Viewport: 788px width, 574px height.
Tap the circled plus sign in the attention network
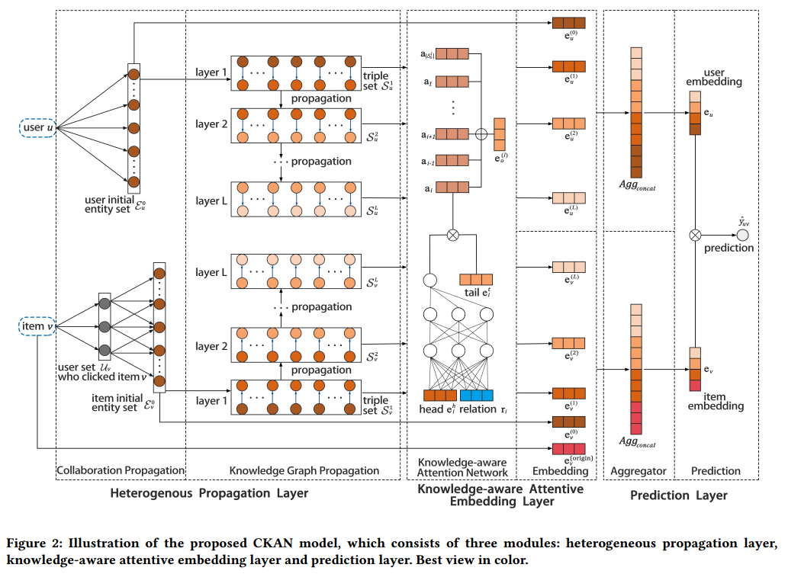[481, 134]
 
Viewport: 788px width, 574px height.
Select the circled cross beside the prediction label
[695, 235]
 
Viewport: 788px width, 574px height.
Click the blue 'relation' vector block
[476, 395]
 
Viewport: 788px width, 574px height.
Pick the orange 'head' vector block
[439, 395]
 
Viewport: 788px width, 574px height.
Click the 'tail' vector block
[476, 280]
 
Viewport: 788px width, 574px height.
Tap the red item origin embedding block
[569, 449]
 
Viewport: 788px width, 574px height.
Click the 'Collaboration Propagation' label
[121, 471]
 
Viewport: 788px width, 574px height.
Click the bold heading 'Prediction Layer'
[678, 495]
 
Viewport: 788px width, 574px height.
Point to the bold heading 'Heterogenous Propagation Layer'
[209, 493]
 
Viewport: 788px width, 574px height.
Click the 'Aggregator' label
[638, 471]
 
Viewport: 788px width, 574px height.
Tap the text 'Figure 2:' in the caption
[36, 544]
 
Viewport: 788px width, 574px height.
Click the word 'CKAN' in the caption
[272, 544]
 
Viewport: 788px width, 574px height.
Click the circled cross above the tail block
[453, 235]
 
